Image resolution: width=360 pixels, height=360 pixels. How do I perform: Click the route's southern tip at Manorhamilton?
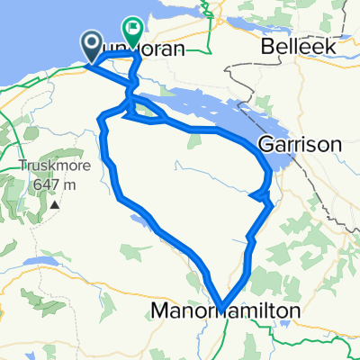(219, 305)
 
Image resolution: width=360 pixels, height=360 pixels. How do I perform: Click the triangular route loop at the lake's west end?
(146, 112)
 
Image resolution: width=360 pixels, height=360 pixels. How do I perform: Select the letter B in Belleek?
(265, 45)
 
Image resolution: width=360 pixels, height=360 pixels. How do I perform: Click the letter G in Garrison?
(265, 144)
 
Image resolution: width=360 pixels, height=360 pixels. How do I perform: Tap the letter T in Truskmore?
(22, 166)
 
